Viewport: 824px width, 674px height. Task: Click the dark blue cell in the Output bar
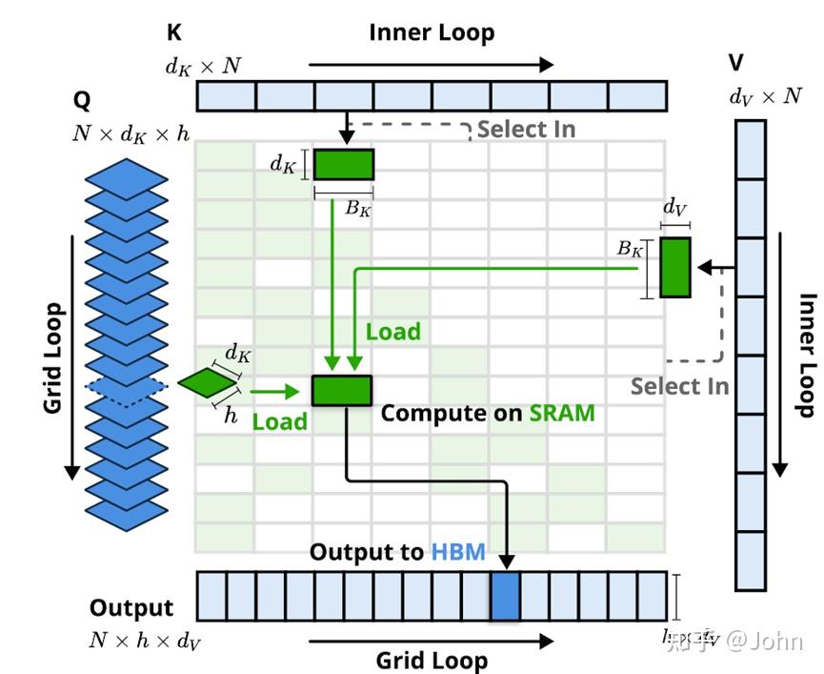505,597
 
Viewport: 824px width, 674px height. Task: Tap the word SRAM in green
562,413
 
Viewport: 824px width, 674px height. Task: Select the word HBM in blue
458,552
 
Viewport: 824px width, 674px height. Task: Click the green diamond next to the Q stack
207,383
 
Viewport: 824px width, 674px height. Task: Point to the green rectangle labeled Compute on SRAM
342,391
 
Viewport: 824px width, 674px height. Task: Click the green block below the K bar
344,164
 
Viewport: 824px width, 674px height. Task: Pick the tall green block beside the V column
675,267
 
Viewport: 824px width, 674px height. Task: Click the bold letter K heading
174,33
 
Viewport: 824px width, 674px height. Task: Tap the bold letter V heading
736,63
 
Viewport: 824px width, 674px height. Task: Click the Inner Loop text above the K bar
432,32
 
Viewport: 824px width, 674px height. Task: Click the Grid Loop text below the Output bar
432,660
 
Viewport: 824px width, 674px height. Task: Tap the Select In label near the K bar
526,129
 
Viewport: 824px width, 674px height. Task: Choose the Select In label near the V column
679,386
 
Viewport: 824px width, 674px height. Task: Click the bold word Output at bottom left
131,608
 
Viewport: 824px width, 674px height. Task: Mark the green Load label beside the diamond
279,421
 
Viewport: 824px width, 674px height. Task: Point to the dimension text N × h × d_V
145,641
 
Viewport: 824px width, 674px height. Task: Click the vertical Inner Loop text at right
807,355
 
